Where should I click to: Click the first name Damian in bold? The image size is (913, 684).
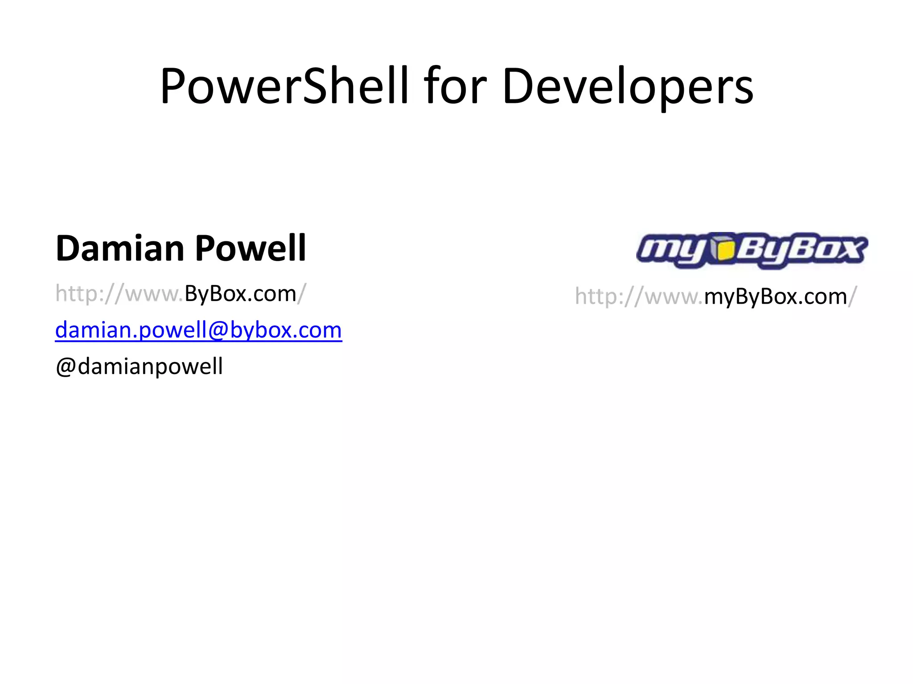119,248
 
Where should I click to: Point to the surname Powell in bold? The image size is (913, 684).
250,248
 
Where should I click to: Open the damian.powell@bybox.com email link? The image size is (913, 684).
198,330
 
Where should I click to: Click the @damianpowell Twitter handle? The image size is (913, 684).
139,366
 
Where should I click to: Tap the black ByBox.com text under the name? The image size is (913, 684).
240,294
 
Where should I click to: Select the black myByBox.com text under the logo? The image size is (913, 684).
775,297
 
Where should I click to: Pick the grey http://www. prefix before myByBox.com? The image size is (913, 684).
638,297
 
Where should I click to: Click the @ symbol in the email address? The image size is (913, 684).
218,330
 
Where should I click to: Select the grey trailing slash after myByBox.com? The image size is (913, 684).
852,297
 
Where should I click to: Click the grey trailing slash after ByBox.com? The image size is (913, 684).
302,294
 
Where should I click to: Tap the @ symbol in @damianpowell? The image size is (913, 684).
66,367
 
